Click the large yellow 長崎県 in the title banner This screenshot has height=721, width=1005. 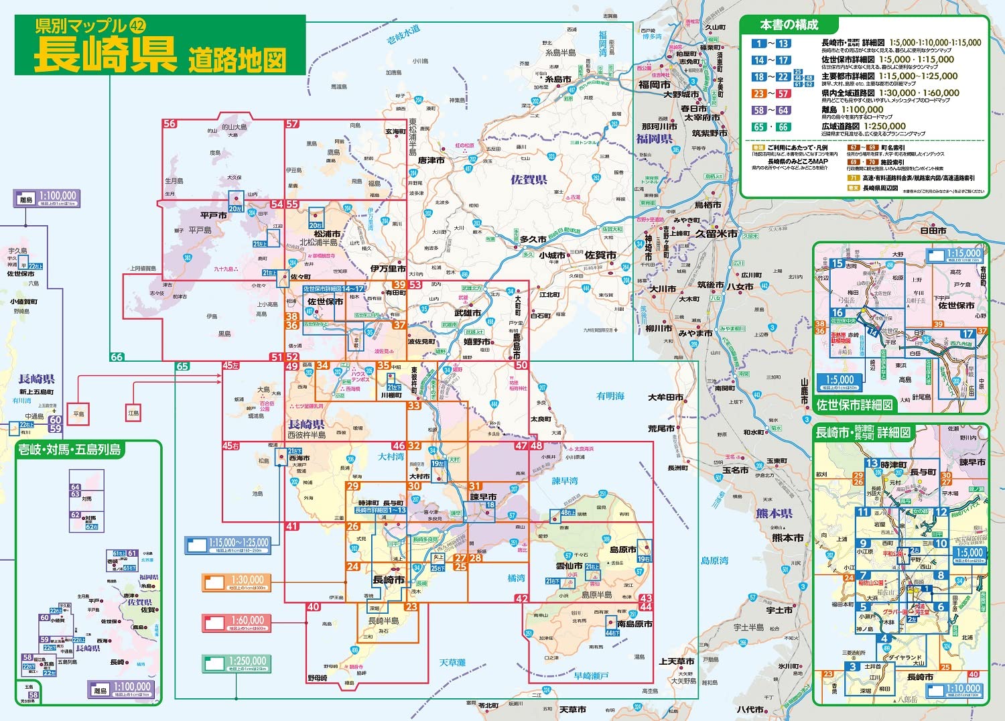[x=105, y=54]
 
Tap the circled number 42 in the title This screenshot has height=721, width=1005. [x=137, y=26]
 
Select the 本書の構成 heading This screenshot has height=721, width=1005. [x=789, y=25]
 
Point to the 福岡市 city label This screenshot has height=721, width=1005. [x=654, y=84]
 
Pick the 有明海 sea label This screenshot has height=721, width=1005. [x=610, y=396]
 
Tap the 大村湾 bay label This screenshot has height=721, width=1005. [x=391, y=456]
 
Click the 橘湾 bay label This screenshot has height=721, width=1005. [x=516, y=578]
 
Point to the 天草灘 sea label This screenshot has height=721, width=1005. [x=452, y=662]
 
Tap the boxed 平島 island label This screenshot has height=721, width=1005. [x=79, y=414]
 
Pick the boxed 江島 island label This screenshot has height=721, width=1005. [x=134, y=413]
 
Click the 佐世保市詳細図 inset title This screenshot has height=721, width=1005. [x=854, y=405]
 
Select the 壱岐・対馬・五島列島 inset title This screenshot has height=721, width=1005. [x=69, y=450]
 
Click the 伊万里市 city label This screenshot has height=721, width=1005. [x=388, y=269]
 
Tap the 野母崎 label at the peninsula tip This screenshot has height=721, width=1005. [x=317, y=678]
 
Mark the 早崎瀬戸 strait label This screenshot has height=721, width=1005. [x=591, y=675]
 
